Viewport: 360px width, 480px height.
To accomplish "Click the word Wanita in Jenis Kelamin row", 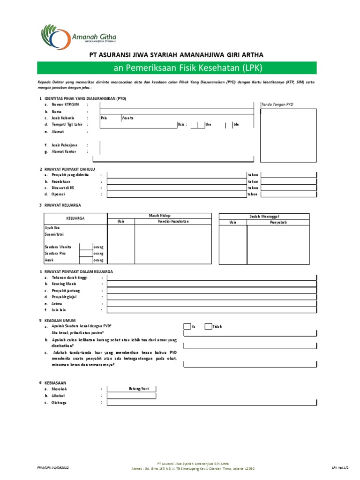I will [127, 118].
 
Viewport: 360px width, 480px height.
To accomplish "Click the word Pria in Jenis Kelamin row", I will [104, 118].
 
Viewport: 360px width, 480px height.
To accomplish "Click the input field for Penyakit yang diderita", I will [176, 175].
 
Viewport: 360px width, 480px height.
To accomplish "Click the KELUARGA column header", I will [75, 218].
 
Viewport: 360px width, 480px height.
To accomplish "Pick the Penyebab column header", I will [278, 221].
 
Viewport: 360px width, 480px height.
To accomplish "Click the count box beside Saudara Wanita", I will [86, 246].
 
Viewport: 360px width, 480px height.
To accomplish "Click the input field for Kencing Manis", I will [211, 284].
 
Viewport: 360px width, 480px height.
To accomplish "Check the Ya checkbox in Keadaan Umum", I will [187, 326].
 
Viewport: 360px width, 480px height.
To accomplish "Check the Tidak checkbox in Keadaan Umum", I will [208, 326].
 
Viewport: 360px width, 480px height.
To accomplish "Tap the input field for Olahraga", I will [211, 402].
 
